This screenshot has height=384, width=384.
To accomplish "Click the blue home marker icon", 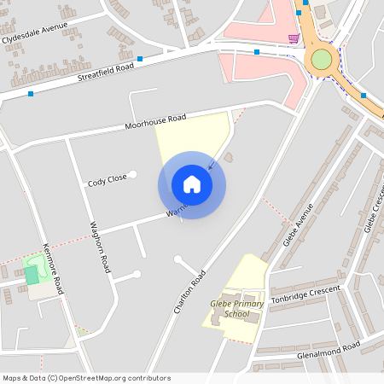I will click(192, 184).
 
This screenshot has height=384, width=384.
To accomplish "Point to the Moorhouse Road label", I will click(154, 122).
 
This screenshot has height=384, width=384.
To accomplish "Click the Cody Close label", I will click(107, 180).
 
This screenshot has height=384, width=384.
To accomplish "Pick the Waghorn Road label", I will click(101, 247).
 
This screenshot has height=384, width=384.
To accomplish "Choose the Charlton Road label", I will click(190, 292).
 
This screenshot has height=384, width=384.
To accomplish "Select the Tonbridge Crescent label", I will click(305, 295).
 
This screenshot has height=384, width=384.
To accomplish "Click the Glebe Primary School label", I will click(230, 308).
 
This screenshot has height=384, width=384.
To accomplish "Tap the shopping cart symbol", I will click(294, 38).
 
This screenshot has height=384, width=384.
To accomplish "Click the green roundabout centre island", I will click(321, 59).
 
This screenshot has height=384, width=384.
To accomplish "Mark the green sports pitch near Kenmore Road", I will click(32, 274).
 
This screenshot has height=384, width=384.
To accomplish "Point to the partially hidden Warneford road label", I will click(177, 209).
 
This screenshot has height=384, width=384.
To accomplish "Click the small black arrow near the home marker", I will click(212, 164).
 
